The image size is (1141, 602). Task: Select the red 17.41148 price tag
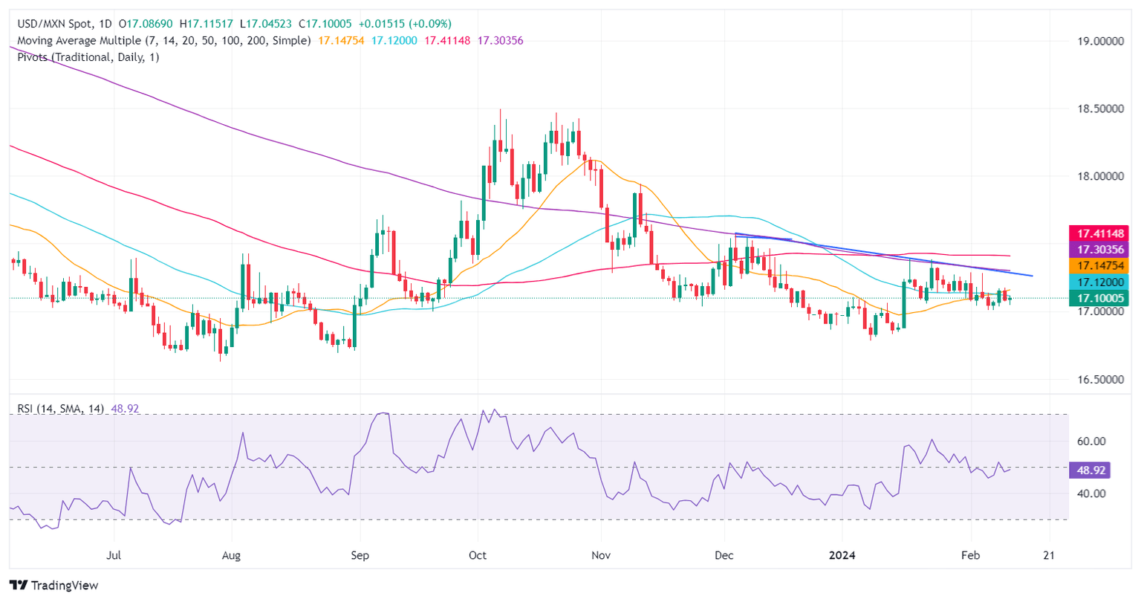pos(1098,233)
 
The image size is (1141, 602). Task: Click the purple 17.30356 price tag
pos(1098,249)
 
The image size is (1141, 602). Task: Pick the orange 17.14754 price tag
pos(1098,265)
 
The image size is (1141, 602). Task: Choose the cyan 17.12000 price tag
pos(1098,282)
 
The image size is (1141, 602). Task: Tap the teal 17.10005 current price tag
pos(1098,299)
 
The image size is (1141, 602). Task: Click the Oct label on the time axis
pos(478,555)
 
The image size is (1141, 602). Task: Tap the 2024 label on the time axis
pos(842,555)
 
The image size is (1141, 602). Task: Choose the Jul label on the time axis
pos(114,555)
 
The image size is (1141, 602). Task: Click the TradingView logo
pos(53,585)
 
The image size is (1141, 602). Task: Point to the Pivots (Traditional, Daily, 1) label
pos(88,57)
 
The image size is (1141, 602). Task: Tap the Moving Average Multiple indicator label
pos(163,41)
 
